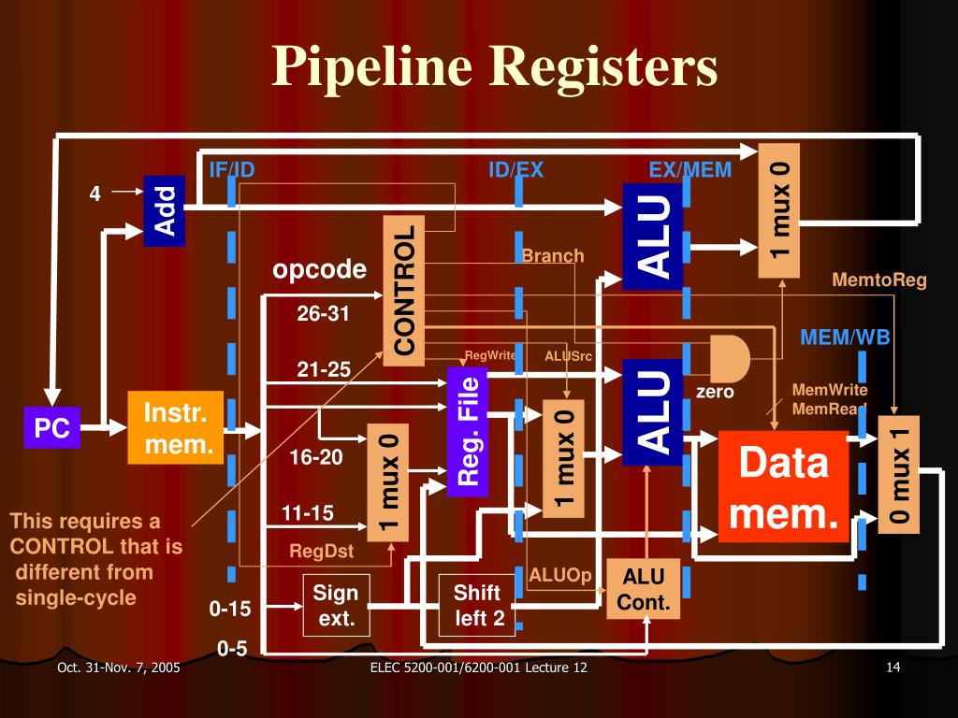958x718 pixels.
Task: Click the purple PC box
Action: pos(51,429)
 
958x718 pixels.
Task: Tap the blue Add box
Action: pos(165,211)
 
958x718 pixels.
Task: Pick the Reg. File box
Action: pos(468,430)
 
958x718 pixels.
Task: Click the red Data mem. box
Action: pos(783,486)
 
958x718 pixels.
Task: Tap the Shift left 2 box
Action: pos(478,605)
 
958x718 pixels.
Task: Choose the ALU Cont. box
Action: pos(644,590)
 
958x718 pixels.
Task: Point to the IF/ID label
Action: pos(231,170)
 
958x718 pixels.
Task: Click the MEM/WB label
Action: pos(845,337)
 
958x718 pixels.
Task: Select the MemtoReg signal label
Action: pos(879,280)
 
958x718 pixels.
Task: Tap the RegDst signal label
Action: pos(321,552)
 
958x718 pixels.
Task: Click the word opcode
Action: pos(319,270)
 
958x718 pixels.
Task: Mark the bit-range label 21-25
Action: pos(324,370)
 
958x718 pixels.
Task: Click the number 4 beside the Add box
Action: pos(94,194)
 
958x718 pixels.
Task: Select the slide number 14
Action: pos(891,668)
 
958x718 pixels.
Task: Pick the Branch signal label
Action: pos(552,256)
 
